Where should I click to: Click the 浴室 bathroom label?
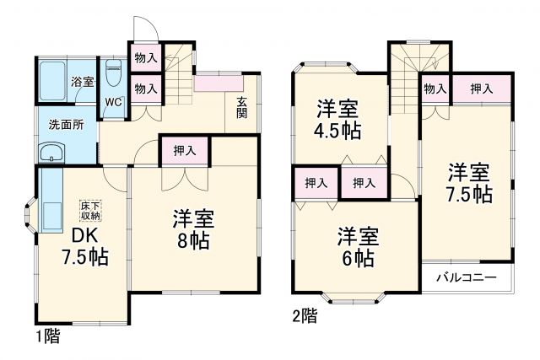82,82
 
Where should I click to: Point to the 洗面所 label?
65,124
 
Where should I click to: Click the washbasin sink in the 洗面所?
51,153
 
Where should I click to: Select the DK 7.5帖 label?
82,245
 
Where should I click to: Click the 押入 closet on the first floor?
185,151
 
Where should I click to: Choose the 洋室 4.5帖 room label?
337,121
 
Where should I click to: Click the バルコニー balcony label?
466,277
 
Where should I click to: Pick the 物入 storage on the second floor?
435,89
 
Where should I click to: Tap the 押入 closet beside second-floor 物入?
482,89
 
